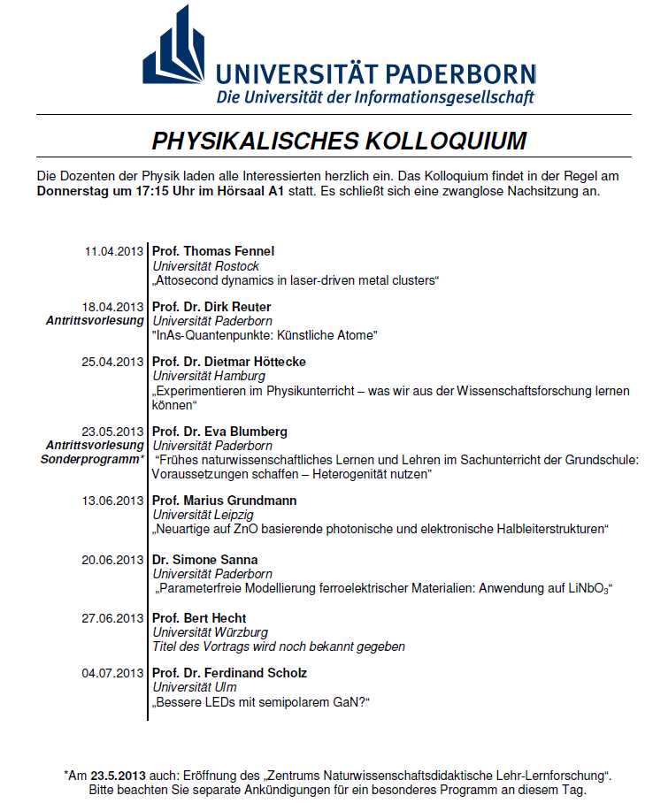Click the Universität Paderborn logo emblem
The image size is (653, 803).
pos(176,54)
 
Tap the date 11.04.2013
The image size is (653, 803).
pos(114,252)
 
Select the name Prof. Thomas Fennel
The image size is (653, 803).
pos(213,252)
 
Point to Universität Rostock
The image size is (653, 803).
pos(206,266)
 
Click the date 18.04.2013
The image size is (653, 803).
pos(114,307)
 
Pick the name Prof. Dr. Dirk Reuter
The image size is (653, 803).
pos(211,307)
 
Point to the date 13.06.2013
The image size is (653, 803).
pos(114,501)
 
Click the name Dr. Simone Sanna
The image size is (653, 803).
pos(204,560)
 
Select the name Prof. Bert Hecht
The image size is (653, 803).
pos(199,618)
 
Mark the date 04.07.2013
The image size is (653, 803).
pos(114,673)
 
